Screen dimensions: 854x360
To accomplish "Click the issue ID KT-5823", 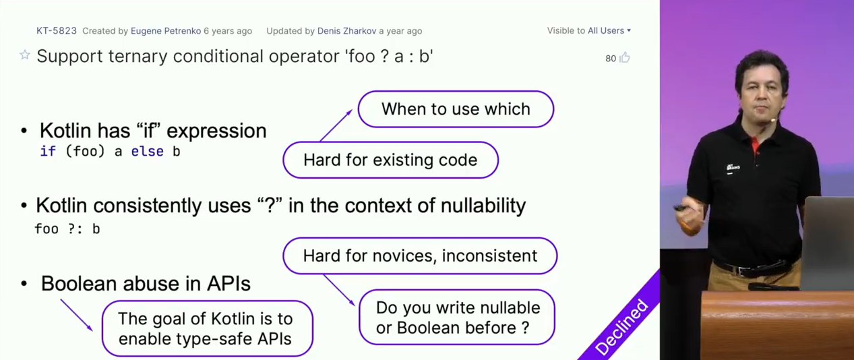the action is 57,31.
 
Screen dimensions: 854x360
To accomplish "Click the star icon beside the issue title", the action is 25,55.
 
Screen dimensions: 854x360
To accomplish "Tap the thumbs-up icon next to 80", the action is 624,57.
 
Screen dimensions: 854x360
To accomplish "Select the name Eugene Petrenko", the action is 165,31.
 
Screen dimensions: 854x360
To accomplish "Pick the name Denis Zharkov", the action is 346,31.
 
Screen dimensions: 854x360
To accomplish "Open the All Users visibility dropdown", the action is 609,30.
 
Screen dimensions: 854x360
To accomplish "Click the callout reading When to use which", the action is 456,109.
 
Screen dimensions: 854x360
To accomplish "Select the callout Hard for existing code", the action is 390,160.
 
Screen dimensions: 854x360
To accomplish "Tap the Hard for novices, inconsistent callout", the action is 420,256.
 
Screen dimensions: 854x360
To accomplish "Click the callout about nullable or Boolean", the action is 457,318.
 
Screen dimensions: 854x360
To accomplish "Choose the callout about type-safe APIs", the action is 208,328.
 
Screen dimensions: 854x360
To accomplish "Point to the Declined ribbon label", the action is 621,327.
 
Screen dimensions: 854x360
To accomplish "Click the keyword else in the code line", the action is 147,152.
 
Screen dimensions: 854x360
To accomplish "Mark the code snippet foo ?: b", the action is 67,229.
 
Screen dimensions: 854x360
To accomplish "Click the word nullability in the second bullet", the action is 483,206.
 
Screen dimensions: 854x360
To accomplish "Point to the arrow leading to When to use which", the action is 336,125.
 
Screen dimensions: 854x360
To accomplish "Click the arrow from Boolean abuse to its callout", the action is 76,315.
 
